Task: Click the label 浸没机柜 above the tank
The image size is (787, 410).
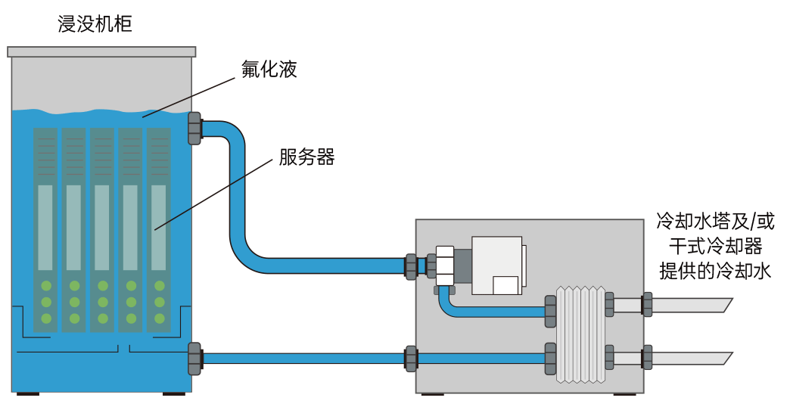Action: (x=95, y=24)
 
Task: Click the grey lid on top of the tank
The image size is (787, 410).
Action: (x=101, y=51)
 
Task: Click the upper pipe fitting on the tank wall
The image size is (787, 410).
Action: (x=195, y=127)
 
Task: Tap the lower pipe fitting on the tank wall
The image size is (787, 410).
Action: (x=195, y=358)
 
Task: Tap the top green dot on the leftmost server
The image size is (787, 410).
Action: (x=45, y=286)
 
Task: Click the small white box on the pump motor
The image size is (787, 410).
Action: (x=505, y=284)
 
